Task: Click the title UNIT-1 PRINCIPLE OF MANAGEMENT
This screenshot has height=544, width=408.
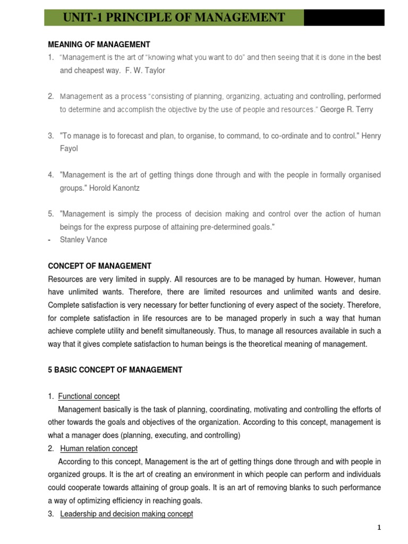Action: (x=174, y=17)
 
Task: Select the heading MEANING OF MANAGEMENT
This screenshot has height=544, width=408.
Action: (x=99, y=45)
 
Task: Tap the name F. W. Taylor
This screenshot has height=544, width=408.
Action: (x=145, y=70)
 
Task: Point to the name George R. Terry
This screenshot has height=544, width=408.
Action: (x=346, y=109)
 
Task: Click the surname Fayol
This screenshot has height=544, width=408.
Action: (x=69, y=149)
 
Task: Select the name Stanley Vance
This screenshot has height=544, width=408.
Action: (x=83, y=240)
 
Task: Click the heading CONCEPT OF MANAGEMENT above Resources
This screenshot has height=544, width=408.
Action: (x=99, y=266)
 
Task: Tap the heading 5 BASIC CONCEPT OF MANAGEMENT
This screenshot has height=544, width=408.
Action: (x=115, y=370)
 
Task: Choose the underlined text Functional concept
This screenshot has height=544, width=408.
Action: (x=89, y=396)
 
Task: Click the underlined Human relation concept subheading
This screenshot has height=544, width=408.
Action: (x=99, y=448)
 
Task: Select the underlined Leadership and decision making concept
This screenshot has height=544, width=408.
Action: (x=126, y=514)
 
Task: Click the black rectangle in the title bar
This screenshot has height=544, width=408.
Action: (x=344, y=17)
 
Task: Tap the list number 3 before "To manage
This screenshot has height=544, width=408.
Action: (x=50, y=136)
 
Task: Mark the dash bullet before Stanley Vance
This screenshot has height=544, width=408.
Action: (x=49, y=240)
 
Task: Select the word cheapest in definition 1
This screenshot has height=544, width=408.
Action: (x=90, y=70)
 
